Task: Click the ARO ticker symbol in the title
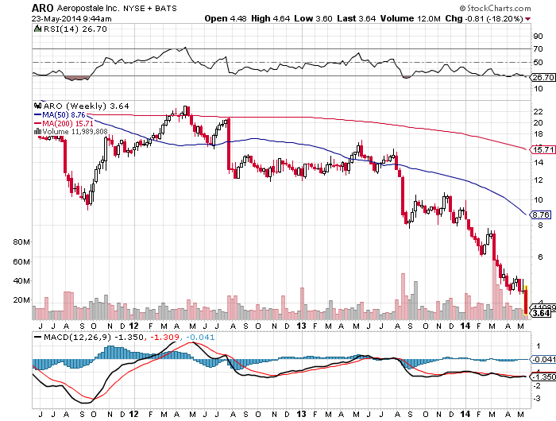click(43, 6)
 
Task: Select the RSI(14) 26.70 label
click(65, 29)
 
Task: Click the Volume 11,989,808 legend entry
click(72, 132)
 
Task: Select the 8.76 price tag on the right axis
click(540, 214)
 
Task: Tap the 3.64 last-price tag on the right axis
click(540, 313)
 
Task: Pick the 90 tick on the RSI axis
click(537, 36)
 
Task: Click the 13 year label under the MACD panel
click(302, 414)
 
